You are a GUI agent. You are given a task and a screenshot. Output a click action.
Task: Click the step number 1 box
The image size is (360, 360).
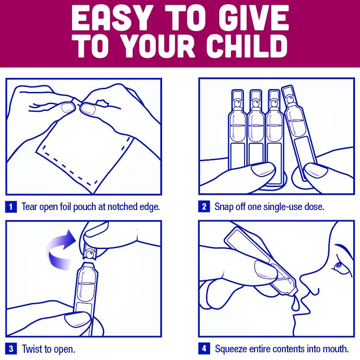pyautogui.click(x=11, y=206)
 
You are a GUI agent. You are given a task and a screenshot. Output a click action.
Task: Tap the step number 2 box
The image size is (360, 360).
pyautogui.click(x=204, y=206)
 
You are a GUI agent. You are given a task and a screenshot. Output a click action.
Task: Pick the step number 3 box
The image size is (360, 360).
pyautogui.click(x=11, y=349)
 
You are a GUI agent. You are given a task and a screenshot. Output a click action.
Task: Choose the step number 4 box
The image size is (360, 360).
pyautogui.click(x=204, y=349)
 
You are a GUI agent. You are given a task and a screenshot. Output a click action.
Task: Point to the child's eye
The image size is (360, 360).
pyautogui.click(x=339, y=266)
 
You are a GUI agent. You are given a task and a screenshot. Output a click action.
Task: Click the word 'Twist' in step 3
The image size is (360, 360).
pyautogui.click(x=32, y=349)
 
